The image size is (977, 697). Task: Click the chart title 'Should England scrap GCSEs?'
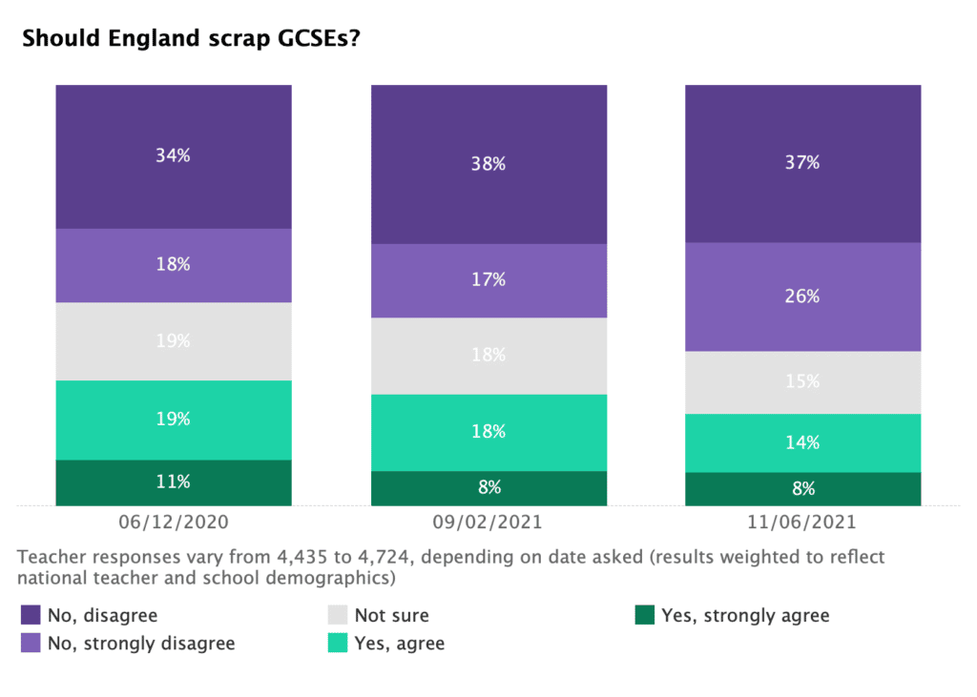191,39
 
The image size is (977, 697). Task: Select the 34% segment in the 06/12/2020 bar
174,156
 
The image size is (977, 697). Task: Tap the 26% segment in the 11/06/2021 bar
802,297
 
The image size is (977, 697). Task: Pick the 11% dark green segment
174,482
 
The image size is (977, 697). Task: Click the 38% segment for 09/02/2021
488,164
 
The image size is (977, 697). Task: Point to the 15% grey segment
802,381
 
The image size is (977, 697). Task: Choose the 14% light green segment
802,442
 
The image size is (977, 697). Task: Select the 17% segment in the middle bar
488,280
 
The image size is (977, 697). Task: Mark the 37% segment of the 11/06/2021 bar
802,163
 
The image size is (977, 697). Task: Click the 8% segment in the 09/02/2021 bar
488,488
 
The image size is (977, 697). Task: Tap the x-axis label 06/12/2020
174,523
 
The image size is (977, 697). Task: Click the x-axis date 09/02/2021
488,523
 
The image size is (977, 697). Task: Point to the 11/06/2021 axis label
802,523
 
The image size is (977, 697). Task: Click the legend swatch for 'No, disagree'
31,615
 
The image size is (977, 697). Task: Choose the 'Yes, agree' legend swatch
338,644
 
